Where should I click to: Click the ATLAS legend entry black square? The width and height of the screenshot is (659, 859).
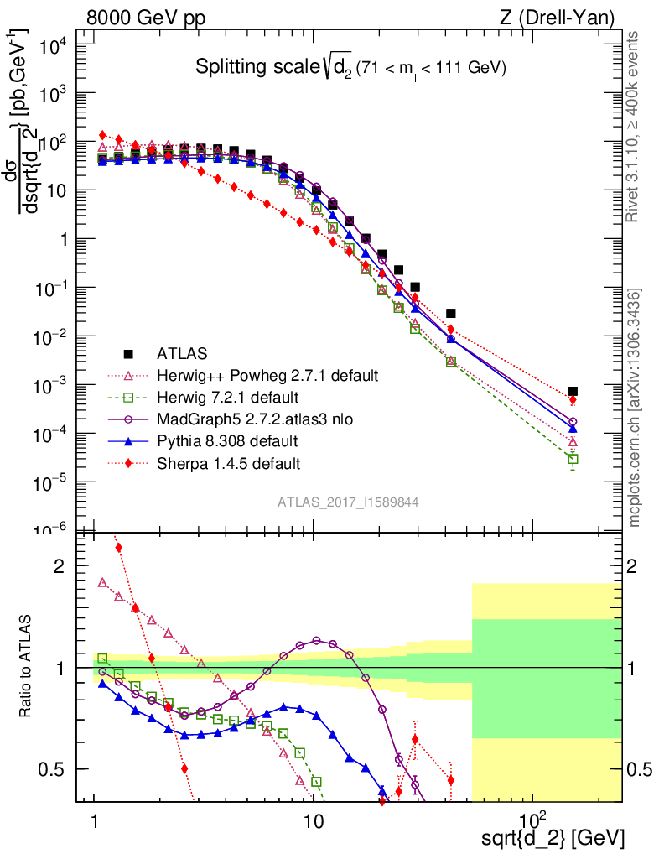128,352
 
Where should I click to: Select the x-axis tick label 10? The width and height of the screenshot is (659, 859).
314,818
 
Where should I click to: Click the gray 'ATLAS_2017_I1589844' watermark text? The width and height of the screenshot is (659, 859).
349,502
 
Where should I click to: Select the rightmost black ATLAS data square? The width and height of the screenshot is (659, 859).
573,391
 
